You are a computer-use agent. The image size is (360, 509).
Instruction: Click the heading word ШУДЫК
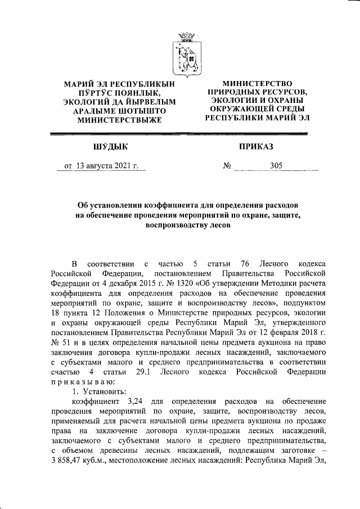coord(110,147)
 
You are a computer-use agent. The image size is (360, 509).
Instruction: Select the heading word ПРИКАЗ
coord(256,147)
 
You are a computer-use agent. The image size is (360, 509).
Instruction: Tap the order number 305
coord(276,166)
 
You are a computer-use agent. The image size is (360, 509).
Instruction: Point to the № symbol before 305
coord(228,166)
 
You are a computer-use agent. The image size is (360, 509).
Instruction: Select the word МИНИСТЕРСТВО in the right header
coord(257,83)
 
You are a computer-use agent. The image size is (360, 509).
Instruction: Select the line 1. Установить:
coord(94,390)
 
